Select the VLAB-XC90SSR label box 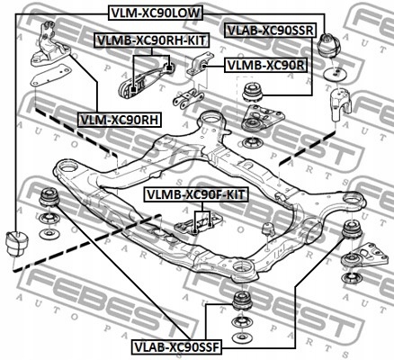coord(270,30)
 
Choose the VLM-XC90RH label coord(119,118)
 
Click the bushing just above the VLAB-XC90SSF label coord(240,301)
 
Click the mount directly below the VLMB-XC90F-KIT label coord(198,221)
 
